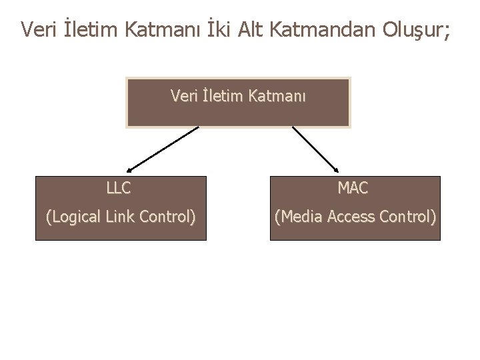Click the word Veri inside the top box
click(184, 97)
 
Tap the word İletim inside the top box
click(221, 97)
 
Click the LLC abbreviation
click(119, 189)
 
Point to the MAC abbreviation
click(353, 189)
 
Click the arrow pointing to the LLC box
click(162, 149)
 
